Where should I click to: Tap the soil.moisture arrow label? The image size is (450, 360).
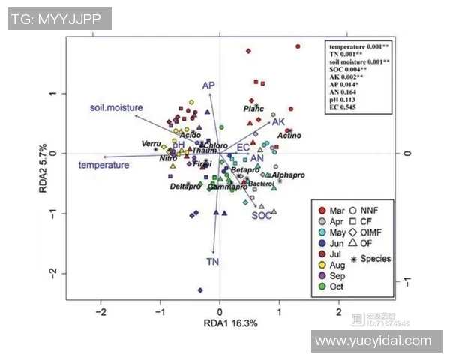pos(116,108)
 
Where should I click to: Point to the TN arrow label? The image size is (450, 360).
pos(213,261)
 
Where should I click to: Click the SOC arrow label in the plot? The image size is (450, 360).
pos(261,215)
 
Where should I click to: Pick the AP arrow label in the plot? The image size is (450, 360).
pos(208,85)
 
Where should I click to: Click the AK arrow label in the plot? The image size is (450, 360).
pos(278,121)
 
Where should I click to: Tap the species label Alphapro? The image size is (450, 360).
pos(289,175)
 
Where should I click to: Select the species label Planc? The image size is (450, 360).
pos(254,109)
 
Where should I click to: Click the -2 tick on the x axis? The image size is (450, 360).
pos(100,309)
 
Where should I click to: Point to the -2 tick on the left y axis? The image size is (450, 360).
pos(54,273)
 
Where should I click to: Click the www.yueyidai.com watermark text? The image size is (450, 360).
pos(373,341)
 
